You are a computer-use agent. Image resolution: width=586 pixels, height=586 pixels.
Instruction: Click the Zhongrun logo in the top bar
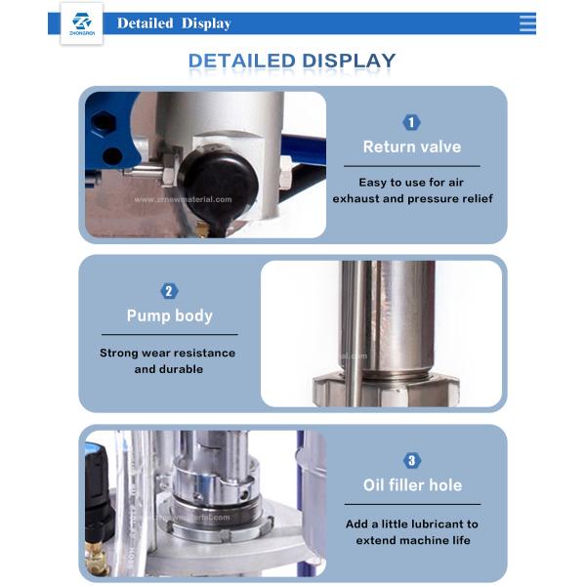click(x=80, y=24)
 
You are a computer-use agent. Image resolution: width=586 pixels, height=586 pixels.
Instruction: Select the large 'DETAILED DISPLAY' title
click(x=292, y=61)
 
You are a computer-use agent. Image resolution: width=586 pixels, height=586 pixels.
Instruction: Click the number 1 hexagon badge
click(x=411, y=122)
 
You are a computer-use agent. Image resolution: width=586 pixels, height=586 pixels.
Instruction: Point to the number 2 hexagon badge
click(x=169, y=291)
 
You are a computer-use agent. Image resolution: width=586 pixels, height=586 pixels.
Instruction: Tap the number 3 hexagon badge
click(x=411, y=460)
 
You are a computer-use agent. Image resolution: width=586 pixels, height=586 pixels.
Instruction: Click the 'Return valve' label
click(x=411, y=147)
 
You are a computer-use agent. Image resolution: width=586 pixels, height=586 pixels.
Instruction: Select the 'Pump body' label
click(x=169, y=315)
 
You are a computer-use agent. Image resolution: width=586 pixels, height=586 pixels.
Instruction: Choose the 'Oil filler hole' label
click(x=411, y=485)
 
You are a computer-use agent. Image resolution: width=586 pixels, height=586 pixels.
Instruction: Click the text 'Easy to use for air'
click(x=411, y=183)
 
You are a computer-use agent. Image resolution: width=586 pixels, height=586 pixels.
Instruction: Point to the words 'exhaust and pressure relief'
click(x=411, y=199)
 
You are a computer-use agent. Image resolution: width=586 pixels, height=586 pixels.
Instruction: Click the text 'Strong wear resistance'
click(x=168, y=353)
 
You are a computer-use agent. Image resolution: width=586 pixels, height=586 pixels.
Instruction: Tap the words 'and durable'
click(x=168, y=369)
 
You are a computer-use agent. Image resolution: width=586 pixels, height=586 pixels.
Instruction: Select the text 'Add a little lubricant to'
click(x=411, y=523)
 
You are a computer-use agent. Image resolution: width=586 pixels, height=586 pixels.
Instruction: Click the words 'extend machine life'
click(x=411, y=540)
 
